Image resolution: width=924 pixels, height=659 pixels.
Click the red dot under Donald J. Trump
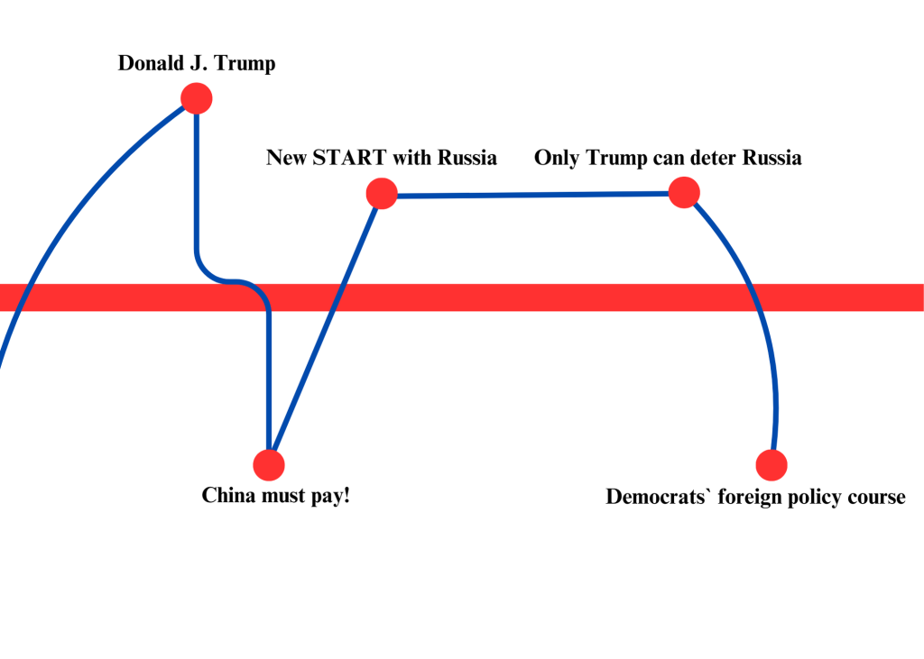coord(196,97)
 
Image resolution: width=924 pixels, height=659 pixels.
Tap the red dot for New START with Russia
coord(382,193)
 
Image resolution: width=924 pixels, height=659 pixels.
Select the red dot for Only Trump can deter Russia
coord(684,192)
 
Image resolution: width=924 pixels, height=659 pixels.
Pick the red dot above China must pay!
coord(269,464)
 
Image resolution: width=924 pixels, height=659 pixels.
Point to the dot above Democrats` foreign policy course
coord(772,464)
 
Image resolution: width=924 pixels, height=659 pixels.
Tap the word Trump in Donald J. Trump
coord(245,64)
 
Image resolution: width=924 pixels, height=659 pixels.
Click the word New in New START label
coord(286,158)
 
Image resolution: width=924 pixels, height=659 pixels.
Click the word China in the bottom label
coord(229,496)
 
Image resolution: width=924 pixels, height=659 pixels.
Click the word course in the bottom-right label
coord(876,497)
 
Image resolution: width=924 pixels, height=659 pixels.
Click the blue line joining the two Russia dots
coord(532,194)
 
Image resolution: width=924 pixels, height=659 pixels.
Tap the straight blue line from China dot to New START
coord(325,329)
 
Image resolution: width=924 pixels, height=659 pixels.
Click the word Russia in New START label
coord(467,158)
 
